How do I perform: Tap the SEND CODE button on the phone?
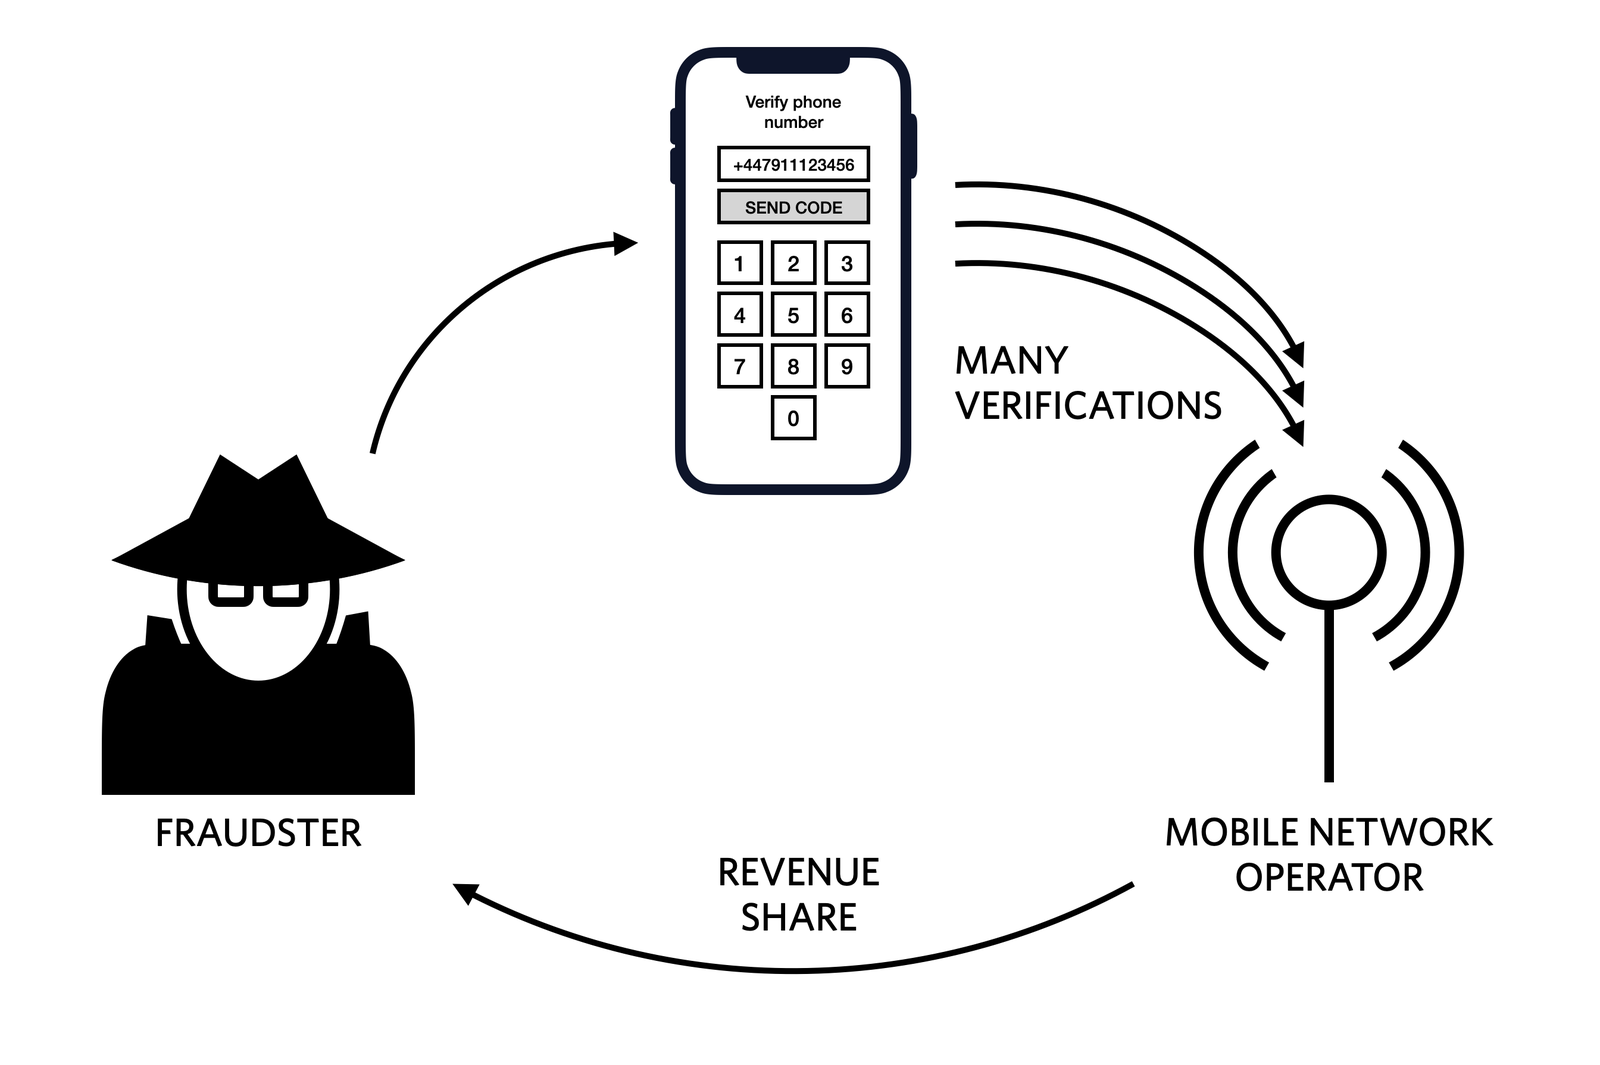pyautogui.click(x=793, y=207)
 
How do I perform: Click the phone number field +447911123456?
pyautogui.click(x=793, y=165)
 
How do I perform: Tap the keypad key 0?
pyautogui.click(x=793, y=418)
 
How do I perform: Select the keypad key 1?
pyautogui.click(x=739, y=263)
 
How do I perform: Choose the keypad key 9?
pyautogui.click(x=846, y=366)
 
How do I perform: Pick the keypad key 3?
pyautogui.click(x=846, y=263)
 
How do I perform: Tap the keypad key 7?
pyautogui.click(x=739, y=366)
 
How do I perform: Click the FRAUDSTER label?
pyautogui.click(x=258, y=833)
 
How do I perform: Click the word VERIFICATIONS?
pyautogui.click(x=1088, y=405)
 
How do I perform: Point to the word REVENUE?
pyautogui.click(x=798, y=872)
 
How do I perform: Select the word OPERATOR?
pyautogui.click(x=1328, y=877)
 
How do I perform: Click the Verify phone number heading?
pyautogui.click(x=793, y=112)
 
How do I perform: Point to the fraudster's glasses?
pyautogui.click(x=258, y=594)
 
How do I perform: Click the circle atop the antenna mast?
pyautogui.click(x=1329, y=552)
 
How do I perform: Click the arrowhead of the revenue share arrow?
pyautogui.click(x=464, y=891)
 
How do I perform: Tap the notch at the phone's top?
pyautogui.click(x=793, y=64)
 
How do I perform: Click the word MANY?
pyautogui.click(x=1011, y=360)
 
